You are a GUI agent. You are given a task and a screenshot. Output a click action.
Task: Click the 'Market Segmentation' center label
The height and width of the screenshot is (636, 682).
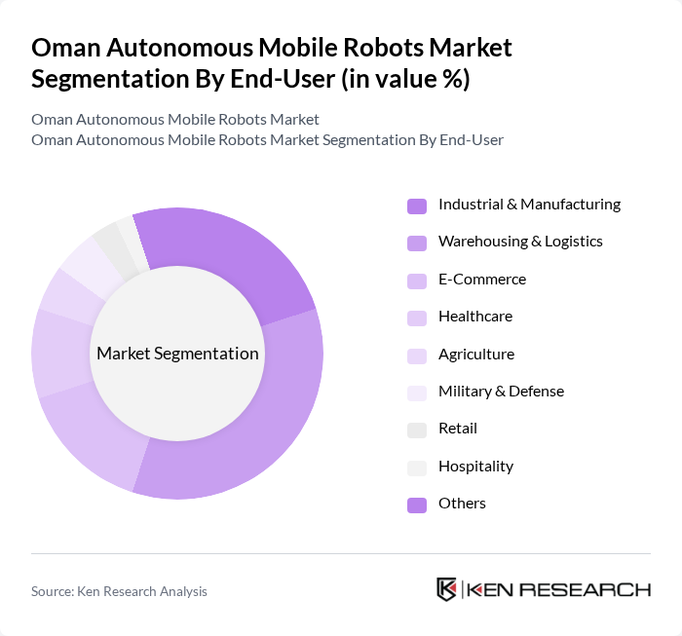[x=177, y=354]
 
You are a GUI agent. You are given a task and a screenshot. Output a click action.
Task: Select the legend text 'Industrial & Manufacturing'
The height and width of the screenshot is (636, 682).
[x=529, y=205]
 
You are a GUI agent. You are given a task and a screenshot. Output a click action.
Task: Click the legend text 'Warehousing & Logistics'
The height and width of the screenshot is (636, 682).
[x=520, y=242]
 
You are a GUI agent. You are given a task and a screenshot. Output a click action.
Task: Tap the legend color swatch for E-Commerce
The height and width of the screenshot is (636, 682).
[x=417, y=281]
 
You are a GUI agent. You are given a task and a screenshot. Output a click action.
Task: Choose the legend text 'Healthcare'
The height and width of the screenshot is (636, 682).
[x=475, y=317]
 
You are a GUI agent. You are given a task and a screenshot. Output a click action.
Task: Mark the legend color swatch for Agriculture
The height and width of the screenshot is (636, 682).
[x=417, y=355]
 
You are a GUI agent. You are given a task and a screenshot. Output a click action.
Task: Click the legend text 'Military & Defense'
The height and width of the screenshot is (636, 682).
[x=501, y=392]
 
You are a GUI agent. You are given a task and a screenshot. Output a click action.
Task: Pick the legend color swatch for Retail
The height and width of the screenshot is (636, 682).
[x=417, y=430]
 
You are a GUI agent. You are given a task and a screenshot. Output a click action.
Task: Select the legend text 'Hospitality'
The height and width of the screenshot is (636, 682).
[x=475, y=467]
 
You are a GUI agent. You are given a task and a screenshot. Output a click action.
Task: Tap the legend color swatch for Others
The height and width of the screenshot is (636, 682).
[x=417, y=505]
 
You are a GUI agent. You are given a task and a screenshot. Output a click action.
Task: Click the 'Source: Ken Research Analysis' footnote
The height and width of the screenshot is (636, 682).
[x=119, y=591]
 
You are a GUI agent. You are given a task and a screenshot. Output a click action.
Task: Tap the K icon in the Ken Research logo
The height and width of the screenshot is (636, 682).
[x=447, y=589]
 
